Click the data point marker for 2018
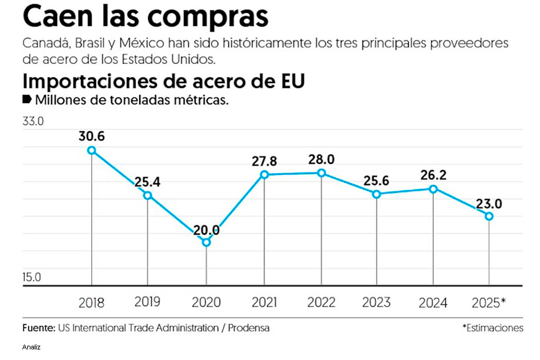(x=92, y=150)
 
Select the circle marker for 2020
(x=207, y=242)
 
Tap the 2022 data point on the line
(x=321, y=173)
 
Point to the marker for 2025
(x=489, y=216)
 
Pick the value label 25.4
(x=148, y=182)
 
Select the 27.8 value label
(x=264, y=161)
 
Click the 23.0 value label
(x=489, y=203)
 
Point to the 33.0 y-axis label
(x=33, y=122)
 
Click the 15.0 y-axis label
(x=33, y=277)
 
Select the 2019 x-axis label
(x=147, y=302)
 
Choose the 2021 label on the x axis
(x=264, y=302)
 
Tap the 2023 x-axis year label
(x=377, y=302)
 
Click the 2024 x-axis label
(x=433, y=303)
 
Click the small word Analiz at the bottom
(x=32, y=346)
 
